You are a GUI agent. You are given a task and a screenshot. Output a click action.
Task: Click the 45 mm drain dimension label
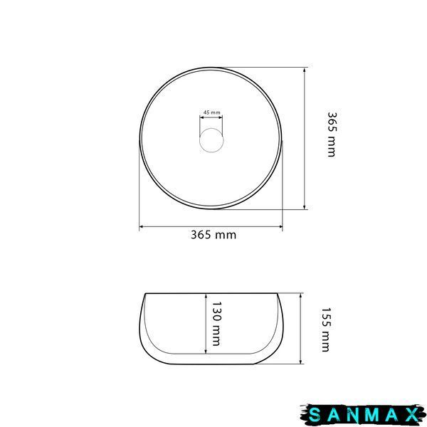click(x=211, y=112)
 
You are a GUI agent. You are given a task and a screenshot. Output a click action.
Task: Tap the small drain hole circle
click(x=211, y=140)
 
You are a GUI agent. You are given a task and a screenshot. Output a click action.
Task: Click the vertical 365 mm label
click(x=332, y=135)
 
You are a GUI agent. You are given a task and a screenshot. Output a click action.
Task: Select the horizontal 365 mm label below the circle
click(x=213, y=234)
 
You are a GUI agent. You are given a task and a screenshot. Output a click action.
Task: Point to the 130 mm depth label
click(x=216, y=324)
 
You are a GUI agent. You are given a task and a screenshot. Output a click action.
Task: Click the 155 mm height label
click(x=326, y=330)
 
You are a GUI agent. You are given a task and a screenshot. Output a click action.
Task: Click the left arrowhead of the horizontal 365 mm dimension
click(x=142, y=226)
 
